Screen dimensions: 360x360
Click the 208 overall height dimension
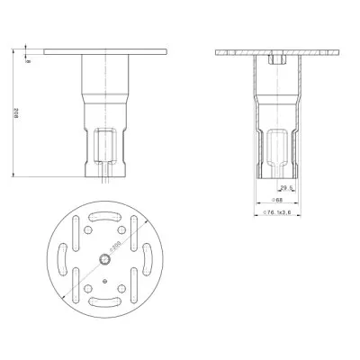pos(17,112)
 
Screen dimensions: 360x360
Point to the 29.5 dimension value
pos(284,187)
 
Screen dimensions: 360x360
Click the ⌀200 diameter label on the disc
pos(115,246)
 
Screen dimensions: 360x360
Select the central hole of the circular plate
pos(104,259)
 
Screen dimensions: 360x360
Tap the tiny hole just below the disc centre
pos(104,281)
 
